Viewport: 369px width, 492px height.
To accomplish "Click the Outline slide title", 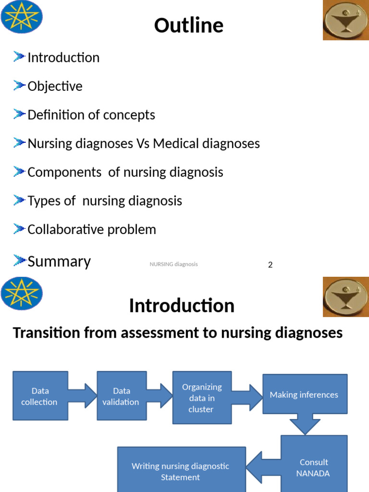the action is (189, 25).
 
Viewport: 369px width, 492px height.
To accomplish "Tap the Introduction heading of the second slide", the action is (182, 306).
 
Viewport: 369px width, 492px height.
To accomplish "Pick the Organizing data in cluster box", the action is (201, 398).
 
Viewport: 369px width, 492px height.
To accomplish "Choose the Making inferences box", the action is (304, 394).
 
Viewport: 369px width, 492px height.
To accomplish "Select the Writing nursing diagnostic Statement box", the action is (181, 471).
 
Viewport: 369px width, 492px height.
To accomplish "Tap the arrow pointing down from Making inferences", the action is (304, 425).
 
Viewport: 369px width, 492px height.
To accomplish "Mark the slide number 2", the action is (271, 265).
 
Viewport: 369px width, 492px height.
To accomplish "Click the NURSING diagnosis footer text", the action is (173, 264).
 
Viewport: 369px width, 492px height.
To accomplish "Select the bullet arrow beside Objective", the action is (20, 86).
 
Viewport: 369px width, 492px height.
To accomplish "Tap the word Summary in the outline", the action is (59, 261).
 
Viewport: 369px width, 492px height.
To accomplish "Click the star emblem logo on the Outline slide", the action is (22, 17).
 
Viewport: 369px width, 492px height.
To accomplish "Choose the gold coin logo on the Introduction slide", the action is (345, 297).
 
